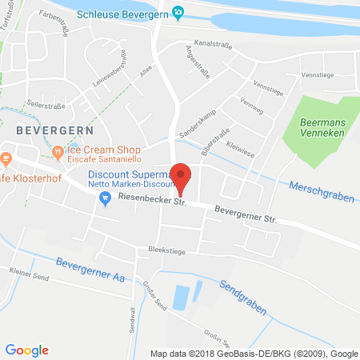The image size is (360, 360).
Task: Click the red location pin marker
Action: (x=182, y=179)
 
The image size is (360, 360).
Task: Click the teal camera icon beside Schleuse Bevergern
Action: (x=178, y=12)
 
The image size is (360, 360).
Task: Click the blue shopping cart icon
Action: (x=103, y=200)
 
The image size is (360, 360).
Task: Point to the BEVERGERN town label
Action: (x=54, y=129)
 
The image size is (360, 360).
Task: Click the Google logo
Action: (x=26, y=350)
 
